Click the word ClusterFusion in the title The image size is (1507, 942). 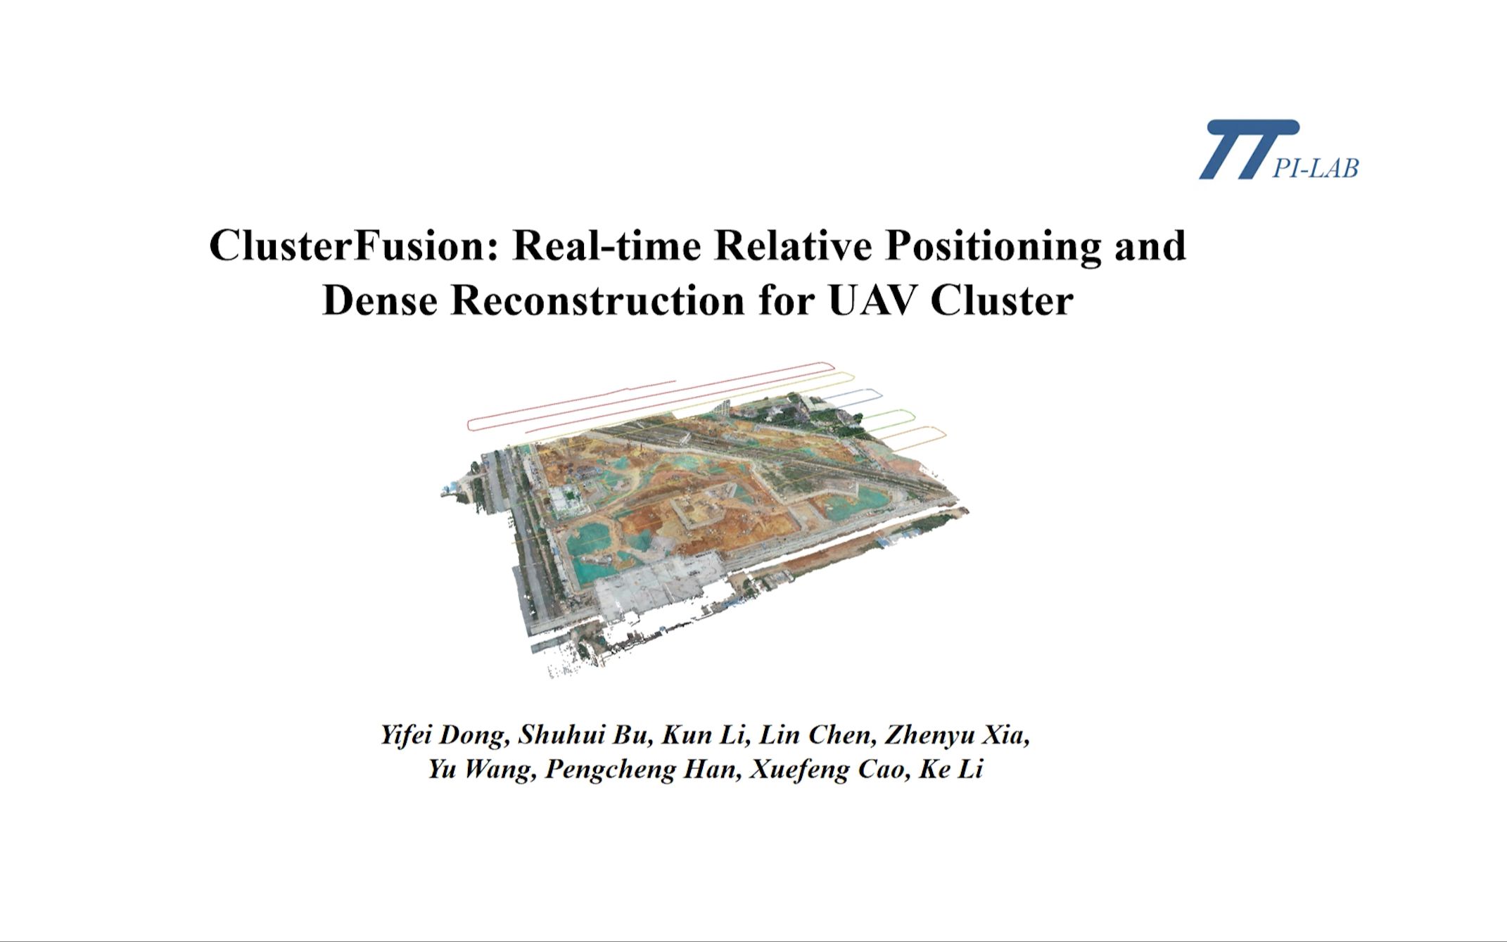click(x=355, y=246)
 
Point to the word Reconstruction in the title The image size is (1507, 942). click(x=598, y=300)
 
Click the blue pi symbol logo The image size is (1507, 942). click(x=1249, y=149)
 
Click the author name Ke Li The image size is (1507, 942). click(x=950, y=769)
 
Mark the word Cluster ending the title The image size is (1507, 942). click(x=1002, y=300)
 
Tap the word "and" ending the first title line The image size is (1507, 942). click(x=1151, y=246)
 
